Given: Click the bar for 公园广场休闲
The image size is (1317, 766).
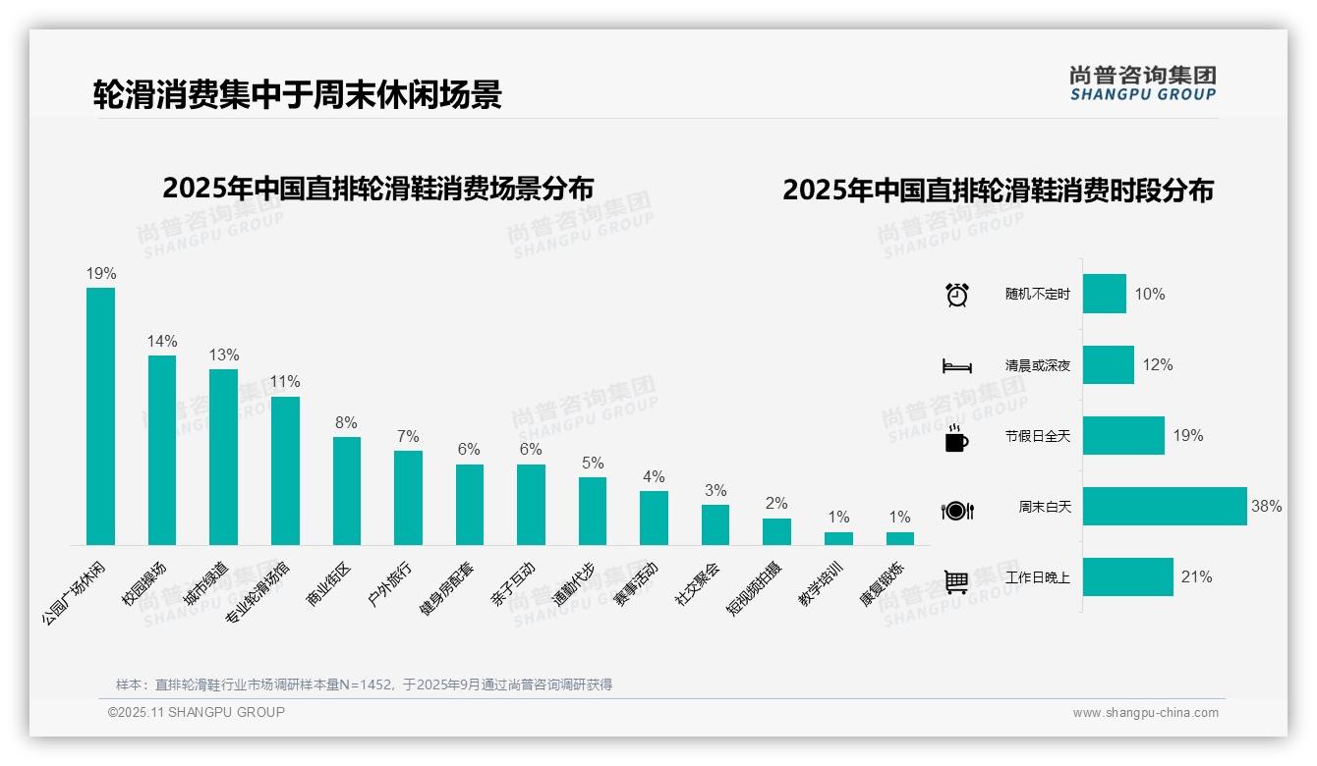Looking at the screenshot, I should coord(100,415).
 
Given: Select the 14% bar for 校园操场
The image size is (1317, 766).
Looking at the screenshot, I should coord(162,450).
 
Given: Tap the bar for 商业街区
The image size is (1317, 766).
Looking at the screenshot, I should coord(346,490).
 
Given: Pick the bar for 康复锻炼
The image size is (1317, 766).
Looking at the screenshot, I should coord(899,538).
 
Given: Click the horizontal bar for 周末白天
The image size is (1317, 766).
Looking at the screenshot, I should coord(1165,507).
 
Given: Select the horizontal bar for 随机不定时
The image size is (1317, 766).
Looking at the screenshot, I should coord(1104,294).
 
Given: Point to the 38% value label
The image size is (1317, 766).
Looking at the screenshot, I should coord(1266,507).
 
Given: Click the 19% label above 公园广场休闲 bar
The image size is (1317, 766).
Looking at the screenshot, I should coord(100,274).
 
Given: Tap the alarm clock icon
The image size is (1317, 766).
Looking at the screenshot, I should coord(956,295).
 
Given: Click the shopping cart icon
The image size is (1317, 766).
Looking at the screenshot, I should coord(956,581).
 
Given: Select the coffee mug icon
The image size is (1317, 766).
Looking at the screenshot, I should coord(956,439).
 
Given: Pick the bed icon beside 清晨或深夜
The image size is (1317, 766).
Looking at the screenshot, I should coord(956,366).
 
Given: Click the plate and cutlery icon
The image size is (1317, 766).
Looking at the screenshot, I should coord(956,511).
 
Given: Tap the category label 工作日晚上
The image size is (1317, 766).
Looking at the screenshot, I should coord(1037,577).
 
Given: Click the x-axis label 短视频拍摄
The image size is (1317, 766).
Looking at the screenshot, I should coord(754,589).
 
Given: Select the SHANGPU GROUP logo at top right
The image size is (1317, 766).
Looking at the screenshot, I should coord(1142,83).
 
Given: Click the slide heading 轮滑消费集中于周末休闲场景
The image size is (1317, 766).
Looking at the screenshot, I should coord(297,94).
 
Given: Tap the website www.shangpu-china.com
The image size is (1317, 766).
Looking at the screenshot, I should coord(1145,713).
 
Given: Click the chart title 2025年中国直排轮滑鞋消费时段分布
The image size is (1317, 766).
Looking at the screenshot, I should coord(998,191).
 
